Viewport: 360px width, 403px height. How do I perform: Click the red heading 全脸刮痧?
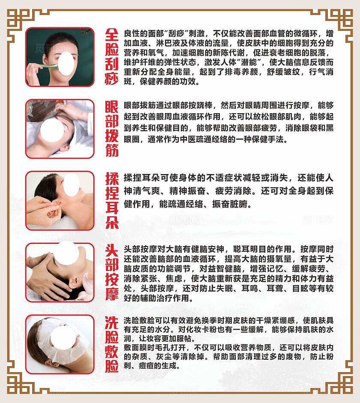click(x=111, y=57)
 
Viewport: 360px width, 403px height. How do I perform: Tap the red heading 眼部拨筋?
click(x=111, y=129)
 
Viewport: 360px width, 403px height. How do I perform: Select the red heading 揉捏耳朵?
click(x=112, y=201)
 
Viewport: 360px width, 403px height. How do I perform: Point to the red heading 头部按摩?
click(x=111, y=272)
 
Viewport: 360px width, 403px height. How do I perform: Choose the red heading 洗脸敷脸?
click(x=111, y=344)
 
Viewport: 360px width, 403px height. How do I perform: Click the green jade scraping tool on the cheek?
click(x=51, y=67)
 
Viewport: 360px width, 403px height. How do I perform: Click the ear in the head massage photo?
click(x=74, y=282)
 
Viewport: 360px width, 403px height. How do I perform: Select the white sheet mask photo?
click(x=60, y=344)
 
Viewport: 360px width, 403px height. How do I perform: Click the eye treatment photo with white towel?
click(x=60, y=129)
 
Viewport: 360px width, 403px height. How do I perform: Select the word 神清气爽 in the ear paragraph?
click(x=144, y=191)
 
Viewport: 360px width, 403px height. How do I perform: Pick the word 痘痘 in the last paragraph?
click(x=147, y=365)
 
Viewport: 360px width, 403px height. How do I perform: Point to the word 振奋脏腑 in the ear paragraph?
click(x=229, y=204)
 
